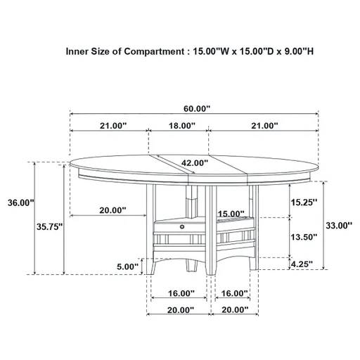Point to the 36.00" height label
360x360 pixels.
coord(20,202)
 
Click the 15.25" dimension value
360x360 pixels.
coord(303,202)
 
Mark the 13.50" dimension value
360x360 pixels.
coord(303,238)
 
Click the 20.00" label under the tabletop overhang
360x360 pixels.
coord(112,210)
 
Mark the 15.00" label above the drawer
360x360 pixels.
coord(231,214)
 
